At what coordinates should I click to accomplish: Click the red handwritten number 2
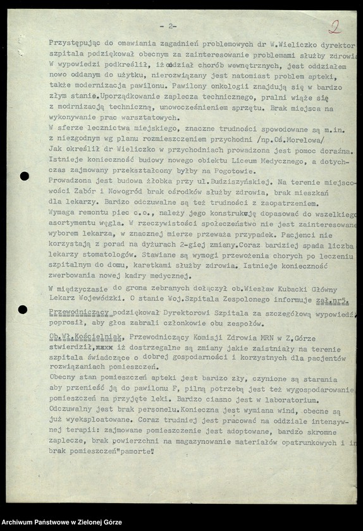(335, 27)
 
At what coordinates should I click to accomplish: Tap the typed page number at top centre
(168, 26)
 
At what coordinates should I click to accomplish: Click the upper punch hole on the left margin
(24, 176)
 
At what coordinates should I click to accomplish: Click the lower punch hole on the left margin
(23, 309)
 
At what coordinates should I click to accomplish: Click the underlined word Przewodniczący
(79, 312)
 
